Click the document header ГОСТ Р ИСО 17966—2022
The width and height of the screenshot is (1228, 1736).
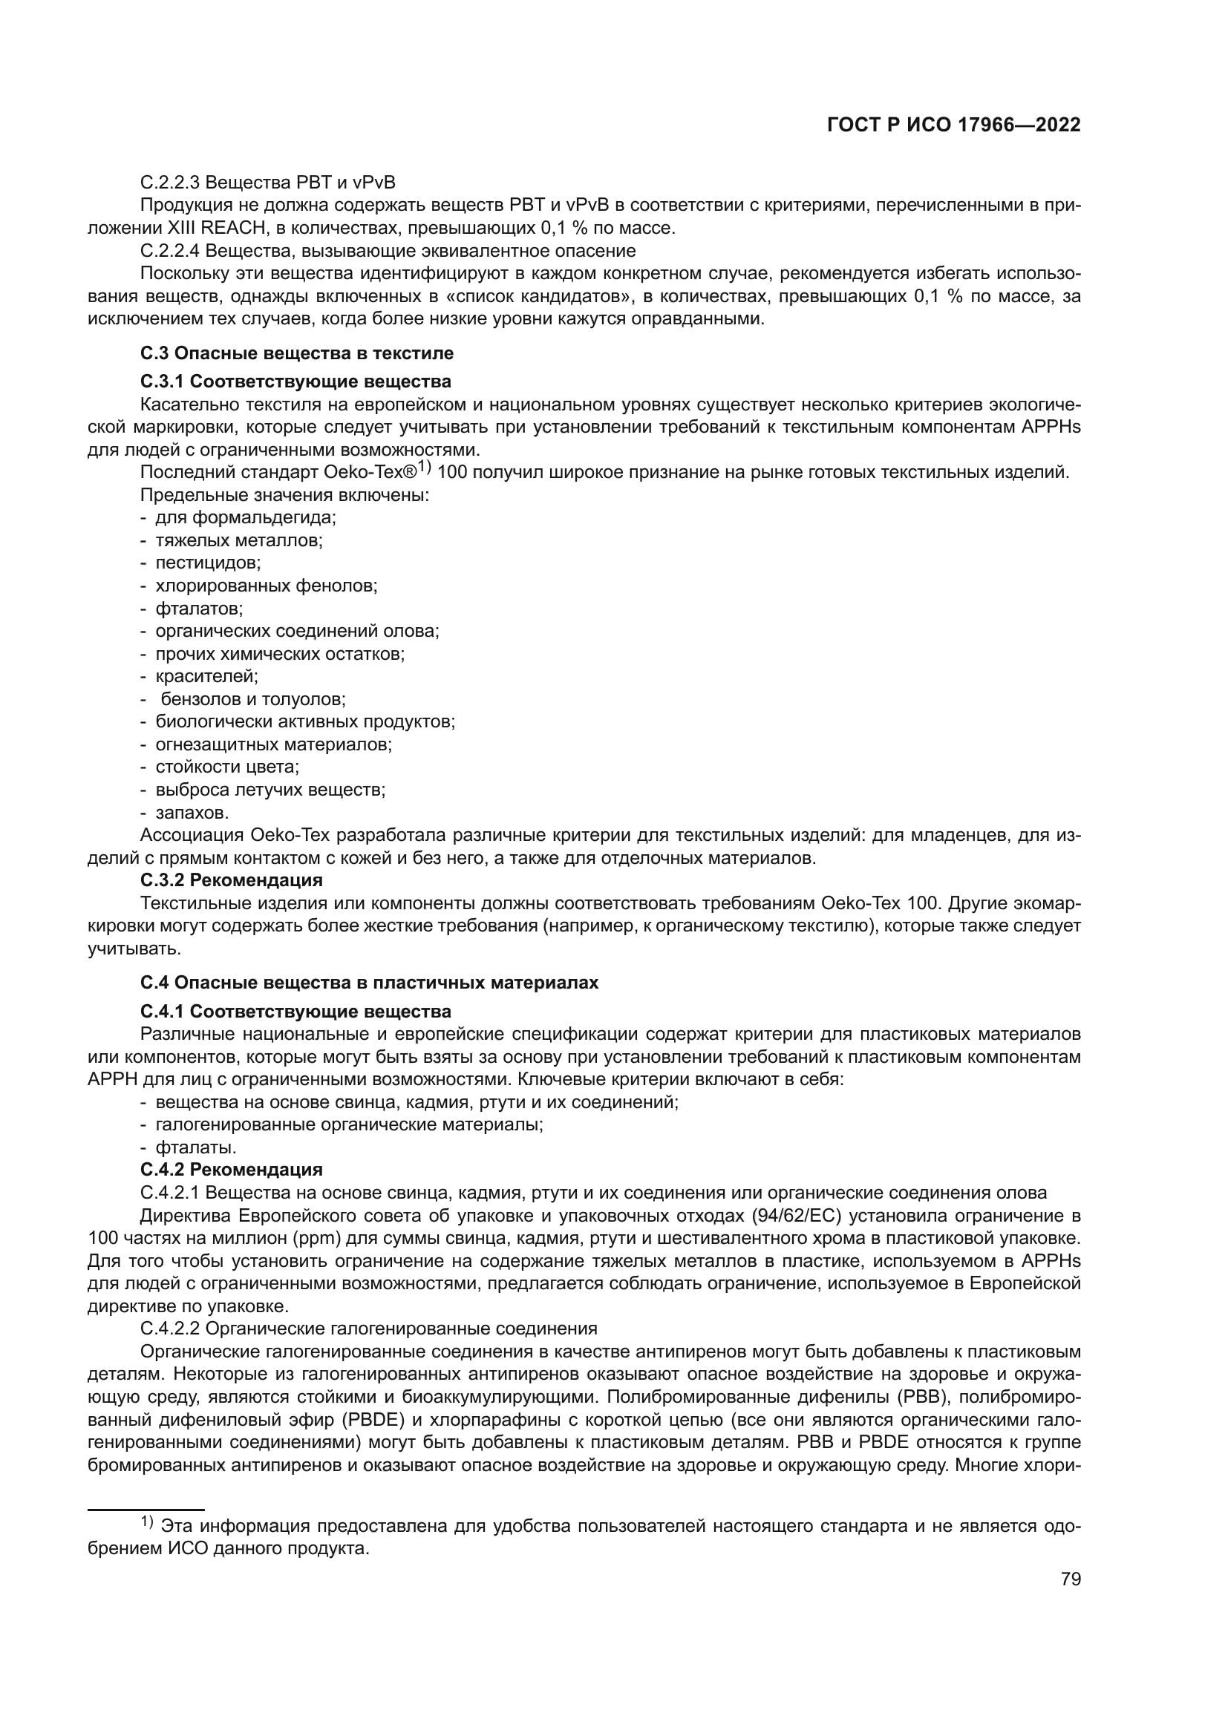[953, 125]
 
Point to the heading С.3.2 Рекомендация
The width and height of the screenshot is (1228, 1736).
[232, 880]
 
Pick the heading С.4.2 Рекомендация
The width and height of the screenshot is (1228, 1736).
[232, 1170]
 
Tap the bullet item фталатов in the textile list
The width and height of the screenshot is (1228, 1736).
[199, 609]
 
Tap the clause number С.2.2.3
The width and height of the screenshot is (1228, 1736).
[170, 183]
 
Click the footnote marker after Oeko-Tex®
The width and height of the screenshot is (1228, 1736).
[423, 468]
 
